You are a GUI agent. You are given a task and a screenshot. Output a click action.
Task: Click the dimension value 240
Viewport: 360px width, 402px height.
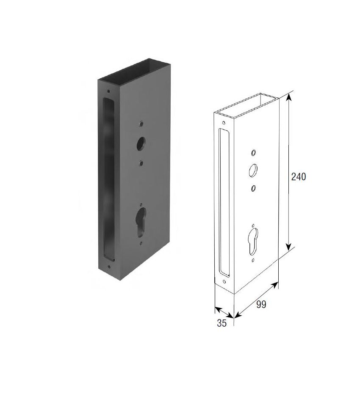click(x=299, y=176)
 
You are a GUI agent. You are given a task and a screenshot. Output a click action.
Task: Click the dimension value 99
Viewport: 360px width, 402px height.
click(x=261, y=304)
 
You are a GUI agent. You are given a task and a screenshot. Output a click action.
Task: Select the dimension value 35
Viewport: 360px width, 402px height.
click(x=222, y=323)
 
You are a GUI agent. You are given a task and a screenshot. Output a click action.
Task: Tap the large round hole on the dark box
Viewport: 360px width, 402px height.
click(x=141, y=143)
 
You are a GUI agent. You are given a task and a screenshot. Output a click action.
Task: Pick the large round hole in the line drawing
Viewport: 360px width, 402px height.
click(x=253, y=170)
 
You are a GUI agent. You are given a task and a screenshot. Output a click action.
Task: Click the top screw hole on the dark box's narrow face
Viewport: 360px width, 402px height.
click(x=109, y=91)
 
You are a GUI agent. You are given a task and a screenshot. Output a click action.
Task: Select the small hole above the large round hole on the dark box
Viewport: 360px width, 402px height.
click(x=141, y=124)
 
